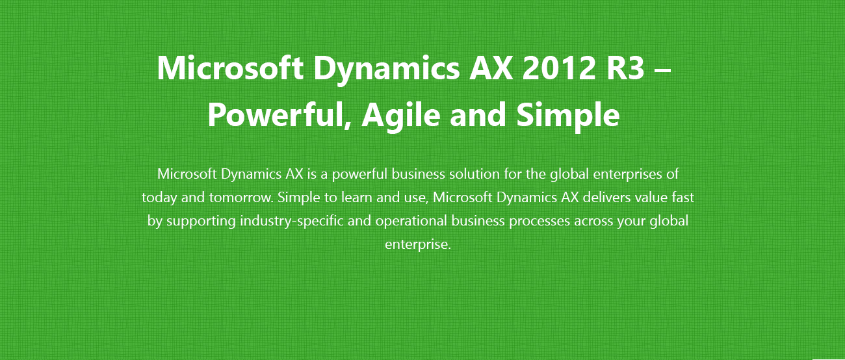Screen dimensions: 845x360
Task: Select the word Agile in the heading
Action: (401, 116)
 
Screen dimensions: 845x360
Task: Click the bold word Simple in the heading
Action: (568, 116)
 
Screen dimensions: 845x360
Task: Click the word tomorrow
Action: (240, 198)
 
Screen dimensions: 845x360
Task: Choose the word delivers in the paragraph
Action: (606, 197)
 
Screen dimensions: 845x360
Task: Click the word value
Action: (651, 197)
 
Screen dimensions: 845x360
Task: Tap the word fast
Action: (682, 197)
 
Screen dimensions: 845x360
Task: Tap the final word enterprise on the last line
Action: (417, 244)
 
